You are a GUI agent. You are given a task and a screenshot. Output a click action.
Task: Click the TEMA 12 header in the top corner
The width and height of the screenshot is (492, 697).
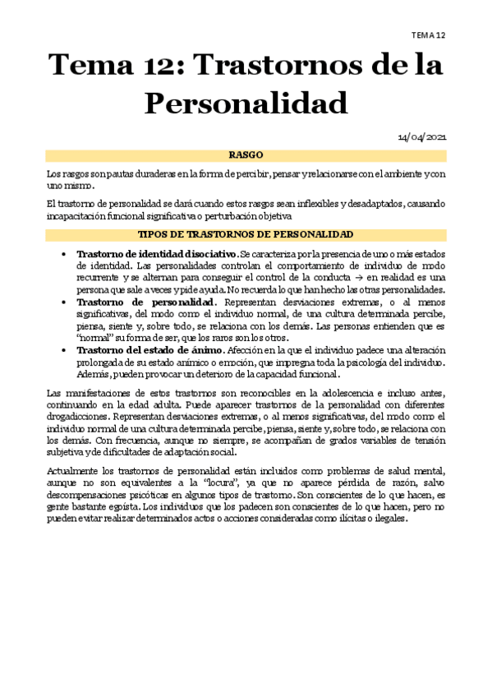pos(429,35)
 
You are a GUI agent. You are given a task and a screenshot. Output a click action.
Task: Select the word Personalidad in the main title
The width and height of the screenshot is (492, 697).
pos(246,104)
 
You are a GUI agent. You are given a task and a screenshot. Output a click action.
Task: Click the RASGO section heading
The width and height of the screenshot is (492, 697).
pos(246,155)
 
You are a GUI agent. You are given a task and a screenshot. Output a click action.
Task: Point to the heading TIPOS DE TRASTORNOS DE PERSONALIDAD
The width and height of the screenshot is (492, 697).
pos(246,235)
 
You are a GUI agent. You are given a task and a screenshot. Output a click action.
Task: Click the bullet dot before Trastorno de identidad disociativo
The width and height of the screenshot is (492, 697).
pos(64,254)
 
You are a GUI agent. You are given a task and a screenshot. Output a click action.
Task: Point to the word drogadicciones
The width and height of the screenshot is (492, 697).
pos(79,416)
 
